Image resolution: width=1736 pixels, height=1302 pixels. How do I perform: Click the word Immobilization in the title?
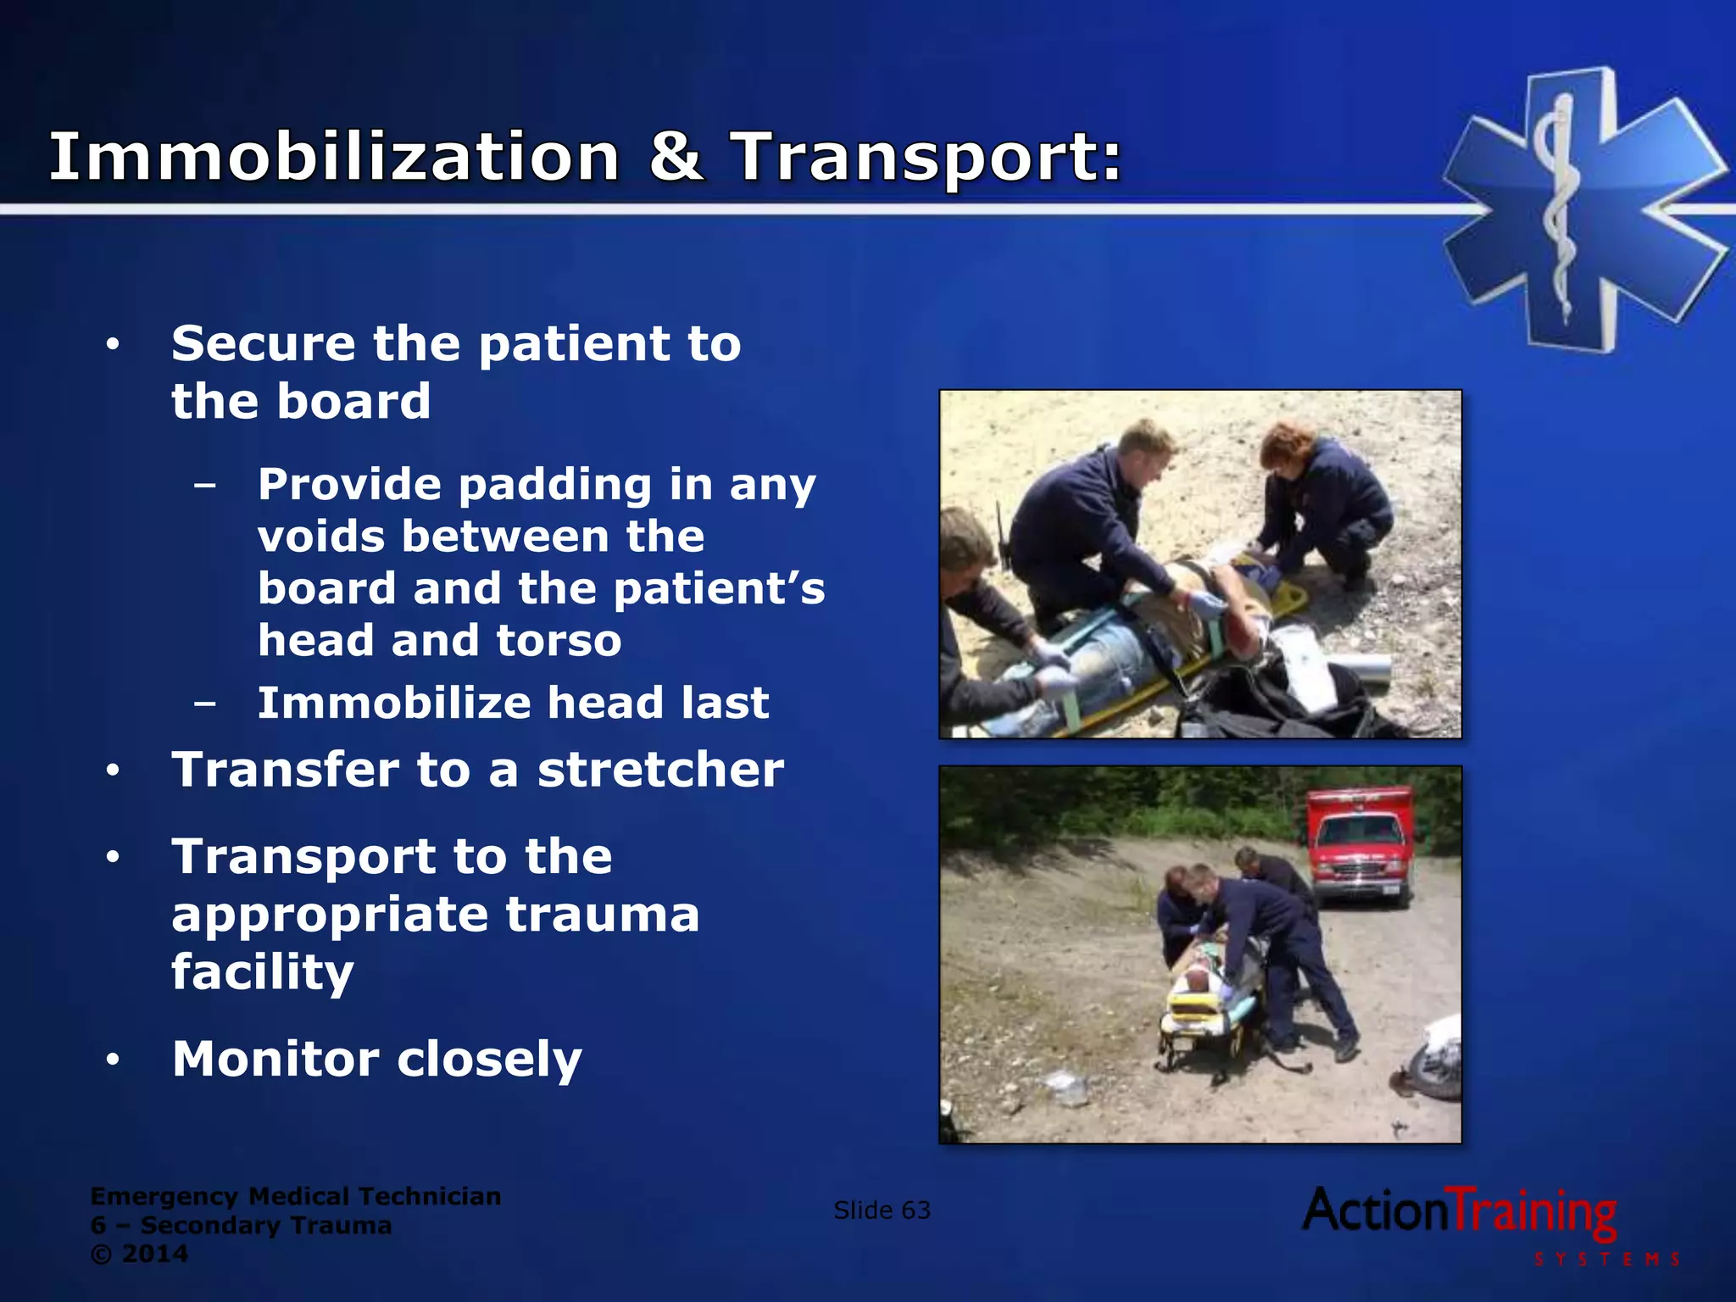[334, 158]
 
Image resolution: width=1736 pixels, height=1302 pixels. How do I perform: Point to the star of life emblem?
[1583, 209]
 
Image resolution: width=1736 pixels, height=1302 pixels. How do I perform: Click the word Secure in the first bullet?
[263, 343]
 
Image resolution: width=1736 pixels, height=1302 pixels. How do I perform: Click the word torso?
[559, 640]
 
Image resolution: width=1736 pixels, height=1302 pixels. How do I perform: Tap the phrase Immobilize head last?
[513, 703]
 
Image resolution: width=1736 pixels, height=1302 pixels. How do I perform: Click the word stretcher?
[660, 770]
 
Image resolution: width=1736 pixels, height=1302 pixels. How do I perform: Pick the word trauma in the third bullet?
[603, 915]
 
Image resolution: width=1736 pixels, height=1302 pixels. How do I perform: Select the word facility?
[263, 972]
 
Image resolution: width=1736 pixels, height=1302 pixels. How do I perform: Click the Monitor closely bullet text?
[377, 1059]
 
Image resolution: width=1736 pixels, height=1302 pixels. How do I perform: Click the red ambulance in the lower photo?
[1358, 844]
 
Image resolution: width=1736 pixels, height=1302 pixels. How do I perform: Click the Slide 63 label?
[882, 1210]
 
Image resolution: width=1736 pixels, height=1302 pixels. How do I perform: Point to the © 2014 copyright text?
[140, 1254]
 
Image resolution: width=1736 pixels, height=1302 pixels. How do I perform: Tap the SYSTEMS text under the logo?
[1606, 1260]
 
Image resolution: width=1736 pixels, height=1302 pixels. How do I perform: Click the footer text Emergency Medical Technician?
[295, 1196]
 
